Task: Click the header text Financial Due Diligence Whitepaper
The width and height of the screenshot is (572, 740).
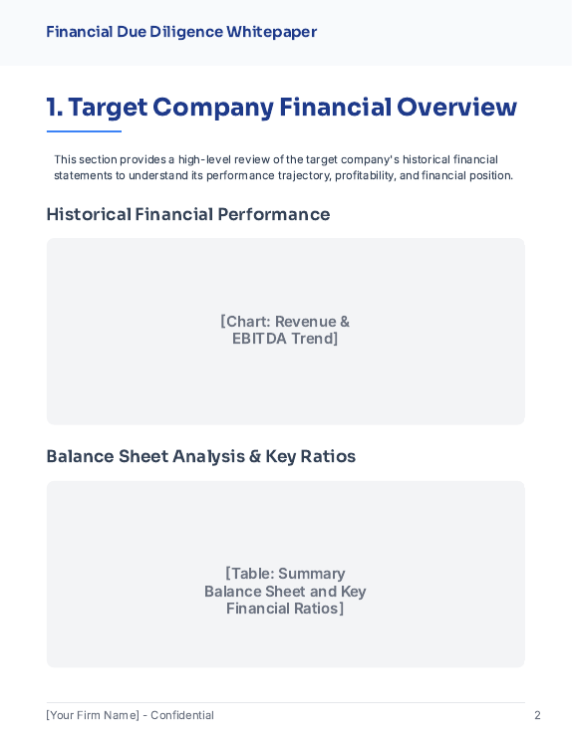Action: [181, 32]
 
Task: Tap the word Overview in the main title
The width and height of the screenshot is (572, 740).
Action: [456, 108]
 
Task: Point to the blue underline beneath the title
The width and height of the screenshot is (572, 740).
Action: [84, 131]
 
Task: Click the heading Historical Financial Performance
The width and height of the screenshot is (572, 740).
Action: [187, 214]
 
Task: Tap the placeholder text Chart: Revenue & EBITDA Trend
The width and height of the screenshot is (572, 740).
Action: [285, 330]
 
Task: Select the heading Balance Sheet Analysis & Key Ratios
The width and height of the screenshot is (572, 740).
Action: [200, 456]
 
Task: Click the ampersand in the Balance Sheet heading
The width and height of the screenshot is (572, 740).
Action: [255, 456]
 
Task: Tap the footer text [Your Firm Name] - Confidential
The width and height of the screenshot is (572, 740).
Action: [130, 715]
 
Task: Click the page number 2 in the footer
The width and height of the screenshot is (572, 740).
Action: [537, 715]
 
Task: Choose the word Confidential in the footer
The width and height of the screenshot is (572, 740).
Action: [182, 715]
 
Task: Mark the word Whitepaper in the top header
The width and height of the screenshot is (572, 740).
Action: [271, 32]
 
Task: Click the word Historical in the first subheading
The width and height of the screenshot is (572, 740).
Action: [89, 214]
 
